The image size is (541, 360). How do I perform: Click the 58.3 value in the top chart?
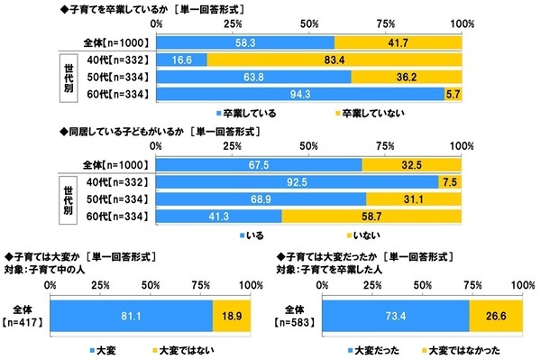(244, 42)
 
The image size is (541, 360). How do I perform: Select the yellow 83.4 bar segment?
(335, 59)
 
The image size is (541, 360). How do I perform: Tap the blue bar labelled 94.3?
(300, 92)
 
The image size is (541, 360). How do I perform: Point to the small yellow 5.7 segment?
(454, 92)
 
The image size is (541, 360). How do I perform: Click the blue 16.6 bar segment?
(181, 59)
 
